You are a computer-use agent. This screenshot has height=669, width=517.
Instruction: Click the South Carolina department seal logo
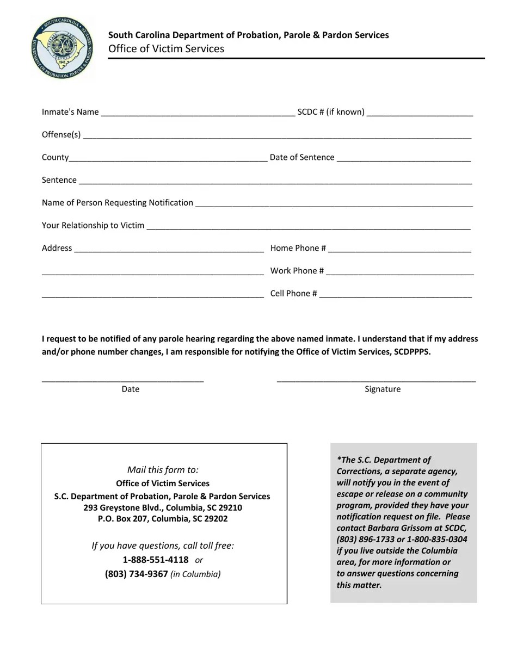click(62, 48)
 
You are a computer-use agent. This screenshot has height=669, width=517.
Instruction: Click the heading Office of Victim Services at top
click(166, 49)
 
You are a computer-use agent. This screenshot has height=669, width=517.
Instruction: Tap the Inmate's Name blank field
click(198, 113)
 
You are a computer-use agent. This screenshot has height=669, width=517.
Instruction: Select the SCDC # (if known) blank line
click(420, 113)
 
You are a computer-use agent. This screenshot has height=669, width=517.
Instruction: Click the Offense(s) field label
click(61, 134)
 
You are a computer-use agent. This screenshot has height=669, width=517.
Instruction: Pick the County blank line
click(168, 158)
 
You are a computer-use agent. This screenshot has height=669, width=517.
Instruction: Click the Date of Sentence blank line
click(403, 158)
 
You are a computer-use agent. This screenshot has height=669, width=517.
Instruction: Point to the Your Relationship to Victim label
click(93, 225)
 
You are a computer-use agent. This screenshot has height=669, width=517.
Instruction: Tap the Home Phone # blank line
click(399, 249)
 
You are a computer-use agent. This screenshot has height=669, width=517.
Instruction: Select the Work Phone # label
click(297, 271)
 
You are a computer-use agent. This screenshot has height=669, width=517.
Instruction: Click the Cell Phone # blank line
click(395, 294)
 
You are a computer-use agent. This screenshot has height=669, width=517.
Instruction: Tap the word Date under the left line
click(131, 389)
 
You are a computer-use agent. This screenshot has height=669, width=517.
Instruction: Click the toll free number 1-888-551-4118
click(156, 560)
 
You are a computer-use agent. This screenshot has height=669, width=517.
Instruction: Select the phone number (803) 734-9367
click(137, 574)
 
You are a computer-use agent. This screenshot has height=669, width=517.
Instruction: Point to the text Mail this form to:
click(163, 469)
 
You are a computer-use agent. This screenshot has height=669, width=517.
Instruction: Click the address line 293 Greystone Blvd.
click(163, 507)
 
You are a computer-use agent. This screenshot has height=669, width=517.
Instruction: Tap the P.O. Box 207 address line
click(163, 519)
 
